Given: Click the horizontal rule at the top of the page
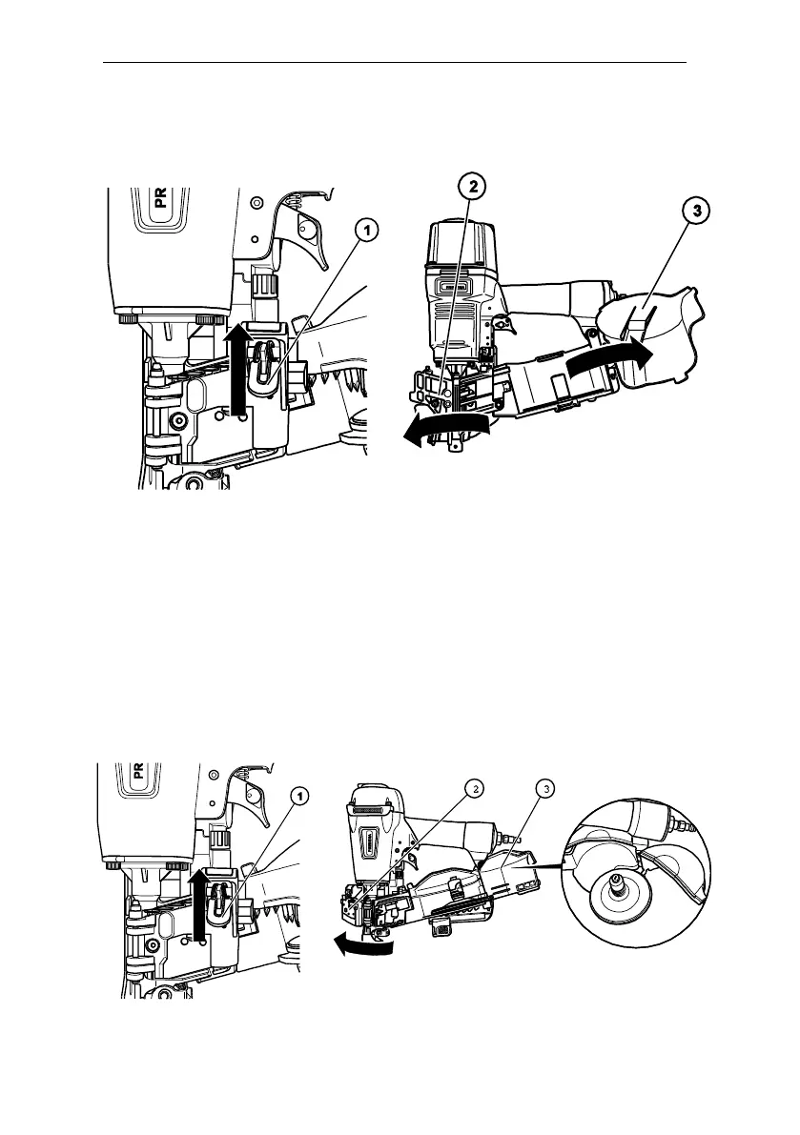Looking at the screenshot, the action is pyautogui.click(x=395, y=64).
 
